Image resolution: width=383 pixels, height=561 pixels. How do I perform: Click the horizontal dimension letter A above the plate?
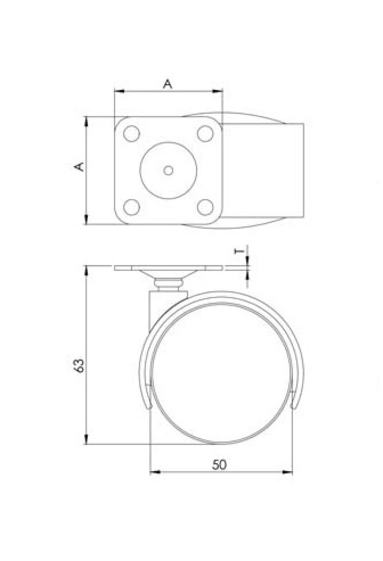[168, 84]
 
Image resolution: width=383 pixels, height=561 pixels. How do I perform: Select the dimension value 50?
[220, 465]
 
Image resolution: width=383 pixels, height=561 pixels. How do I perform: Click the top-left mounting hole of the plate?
[131, 134]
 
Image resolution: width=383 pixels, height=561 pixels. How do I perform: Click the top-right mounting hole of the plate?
[205, 134]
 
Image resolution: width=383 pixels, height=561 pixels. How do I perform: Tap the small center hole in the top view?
[168, 171]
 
